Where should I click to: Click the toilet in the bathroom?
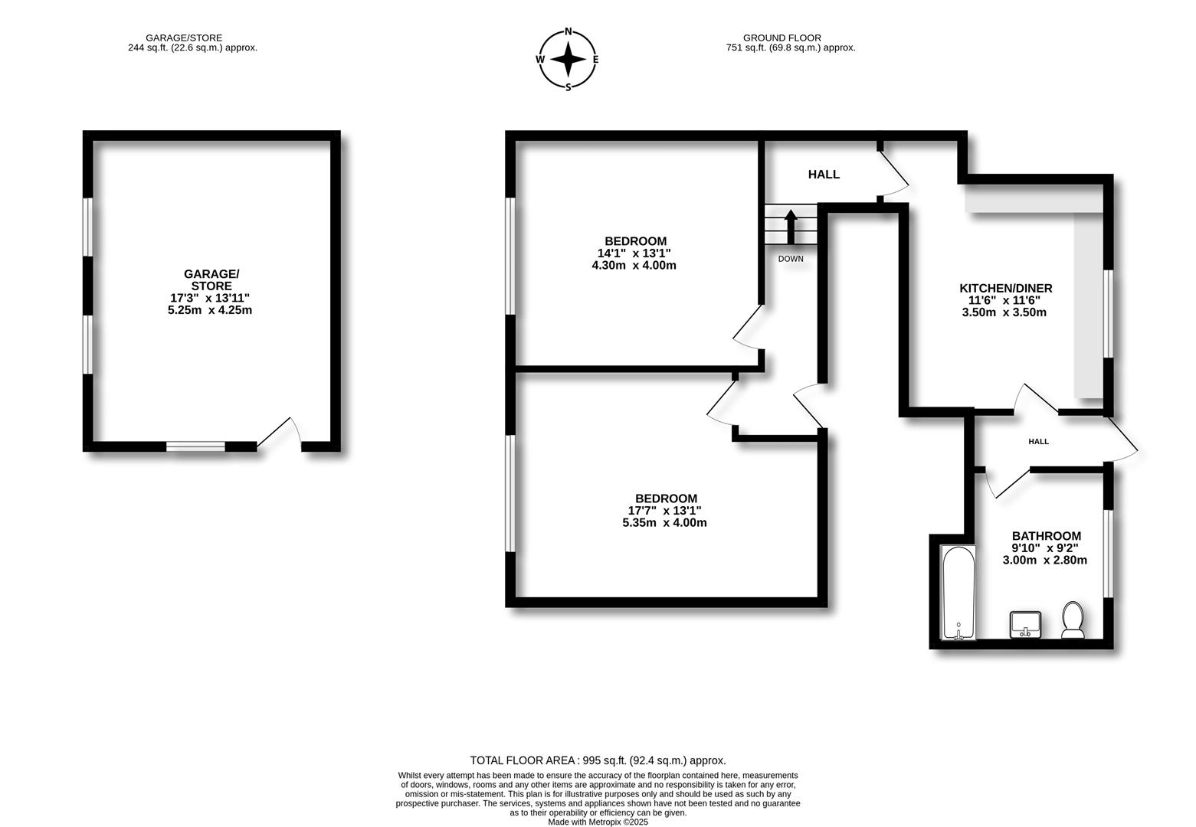tap(1072, 619)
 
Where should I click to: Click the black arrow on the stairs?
tap(790, 226)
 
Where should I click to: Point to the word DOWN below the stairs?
tap(791, 259)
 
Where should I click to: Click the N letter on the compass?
tap(568, 31)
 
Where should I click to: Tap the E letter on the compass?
tap(595, 59)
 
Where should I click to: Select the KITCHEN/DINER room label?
tap(1005, 288)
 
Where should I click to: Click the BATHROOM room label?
tap(1046, 536)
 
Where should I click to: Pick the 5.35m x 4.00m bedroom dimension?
tap(664, 523)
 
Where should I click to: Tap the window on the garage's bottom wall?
tap(196, 446)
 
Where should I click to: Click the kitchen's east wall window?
tap(1107, 313)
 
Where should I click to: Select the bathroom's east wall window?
tap(1107, 553)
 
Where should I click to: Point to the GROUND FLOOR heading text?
tap(781, 38)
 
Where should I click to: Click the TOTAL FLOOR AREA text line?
tap(598, 760)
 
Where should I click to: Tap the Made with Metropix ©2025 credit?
tap(598, 822)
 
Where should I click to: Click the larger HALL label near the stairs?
tap(824, 175)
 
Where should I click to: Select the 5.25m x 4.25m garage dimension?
tap(210, 310)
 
